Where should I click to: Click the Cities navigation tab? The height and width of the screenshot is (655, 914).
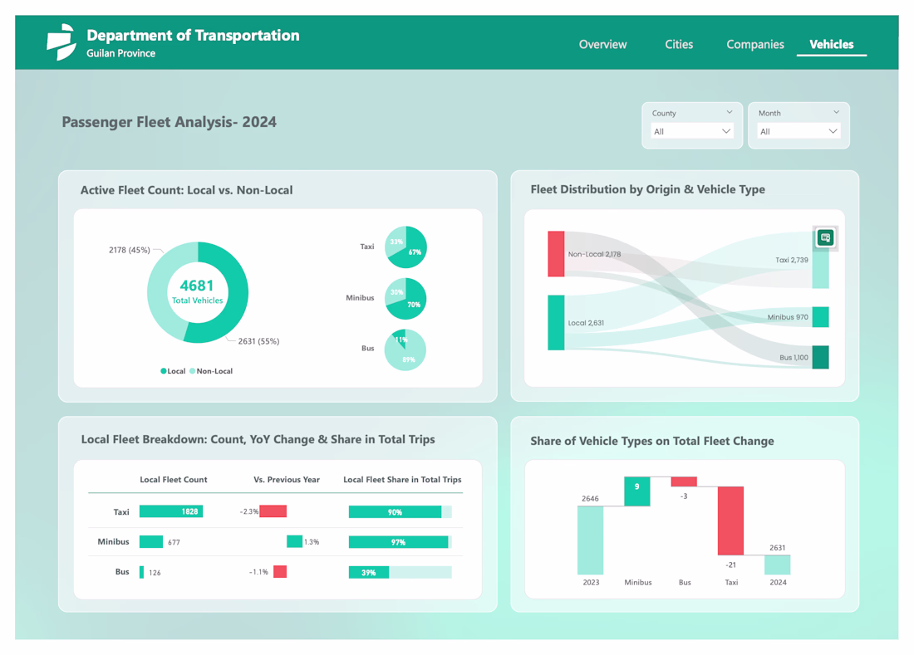(679, 45)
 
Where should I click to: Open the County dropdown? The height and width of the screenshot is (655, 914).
(691, 131)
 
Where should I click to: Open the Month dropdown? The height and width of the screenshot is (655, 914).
(798, 131)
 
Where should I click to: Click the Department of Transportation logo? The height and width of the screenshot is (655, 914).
(61, 42)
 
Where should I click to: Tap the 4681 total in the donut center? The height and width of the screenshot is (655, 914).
(197, 286)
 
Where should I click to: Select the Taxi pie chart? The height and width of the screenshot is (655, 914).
(406, 247)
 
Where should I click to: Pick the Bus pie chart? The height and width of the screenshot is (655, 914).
(405, 349)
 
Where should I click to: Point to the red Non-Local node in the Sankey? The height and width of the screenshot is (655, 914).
(556, 254)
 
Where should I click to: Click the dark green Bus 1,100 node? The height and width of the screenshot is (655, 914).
(820, 357)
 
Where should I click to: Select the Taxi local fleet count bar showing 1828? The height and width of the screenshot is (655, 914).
(171, 511)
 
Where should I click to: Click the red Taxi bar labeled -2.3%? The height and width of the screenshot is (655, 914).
(273, 511)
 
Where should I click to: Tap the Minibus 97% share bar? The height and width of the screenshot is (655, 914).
(399, 542)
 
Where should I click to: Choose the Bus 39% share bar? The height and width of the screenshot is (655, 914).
(369, 572)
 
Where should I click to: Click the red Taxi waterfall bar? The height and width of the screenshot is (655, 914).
(730, 521)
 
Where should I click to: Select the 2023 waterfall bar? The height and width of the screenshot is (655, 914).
(591, 540)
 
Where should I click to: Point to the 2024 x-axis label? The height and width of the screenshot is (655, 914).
(778, 582)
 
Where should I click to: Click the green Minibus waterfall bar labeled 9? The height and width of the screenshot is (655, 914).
(637, 491)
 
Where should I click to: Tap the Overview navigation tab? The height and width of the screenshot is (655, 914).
(602, 45)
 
